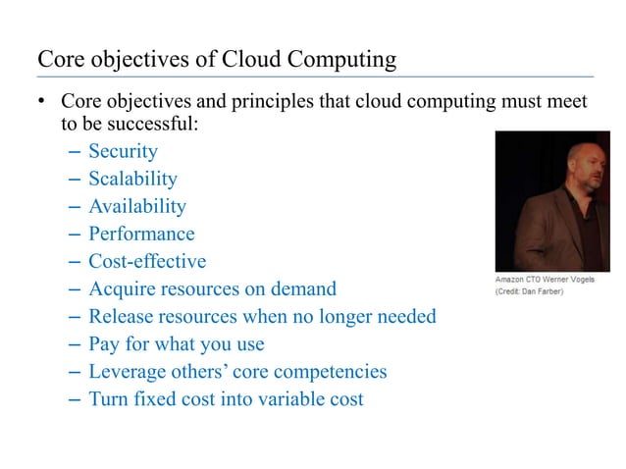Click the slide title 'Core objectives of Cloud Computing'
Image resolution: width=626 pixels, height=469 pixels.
(x=217, y=59)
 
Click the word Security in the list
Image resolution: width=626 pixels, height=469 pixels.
(x=123, y=151)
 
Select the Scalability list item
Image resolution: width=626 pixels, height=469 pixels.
(x=132, y=179)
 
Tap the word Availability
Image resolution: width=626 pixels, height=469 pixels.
(x=136, y=206)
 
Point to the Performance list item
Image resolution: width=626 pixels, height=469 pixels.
(x=141, y=234)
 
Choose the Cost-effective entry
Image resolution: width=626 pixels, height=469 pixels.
(x=147, y=262)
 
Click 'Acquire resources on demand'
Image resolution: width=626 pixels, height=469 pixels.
(x=212, y=289)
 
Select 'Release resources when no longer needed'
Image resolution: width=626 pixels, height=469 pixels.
(x=262, y=317)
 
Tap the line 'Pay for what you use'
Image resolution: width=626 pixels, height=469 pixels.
(x=177, y=344)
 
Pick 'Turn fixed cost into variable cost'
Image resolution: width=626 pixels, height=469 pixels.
(x=226, y=399)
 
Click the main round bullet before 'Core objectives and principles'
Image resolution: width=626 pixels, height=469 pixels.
(x=42, y=103)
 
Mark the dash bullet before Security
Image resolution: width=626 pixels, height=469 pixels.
(x=77, y=152)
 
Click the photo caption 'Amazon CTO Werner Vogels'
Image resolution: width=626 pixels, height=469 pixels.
(x=544, y=281)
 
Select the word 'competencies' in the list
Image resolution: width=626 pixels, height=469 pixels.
(x=328, y=372)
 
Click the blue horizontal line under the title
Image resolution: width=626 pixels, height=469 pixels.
(x=315, y=76)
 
